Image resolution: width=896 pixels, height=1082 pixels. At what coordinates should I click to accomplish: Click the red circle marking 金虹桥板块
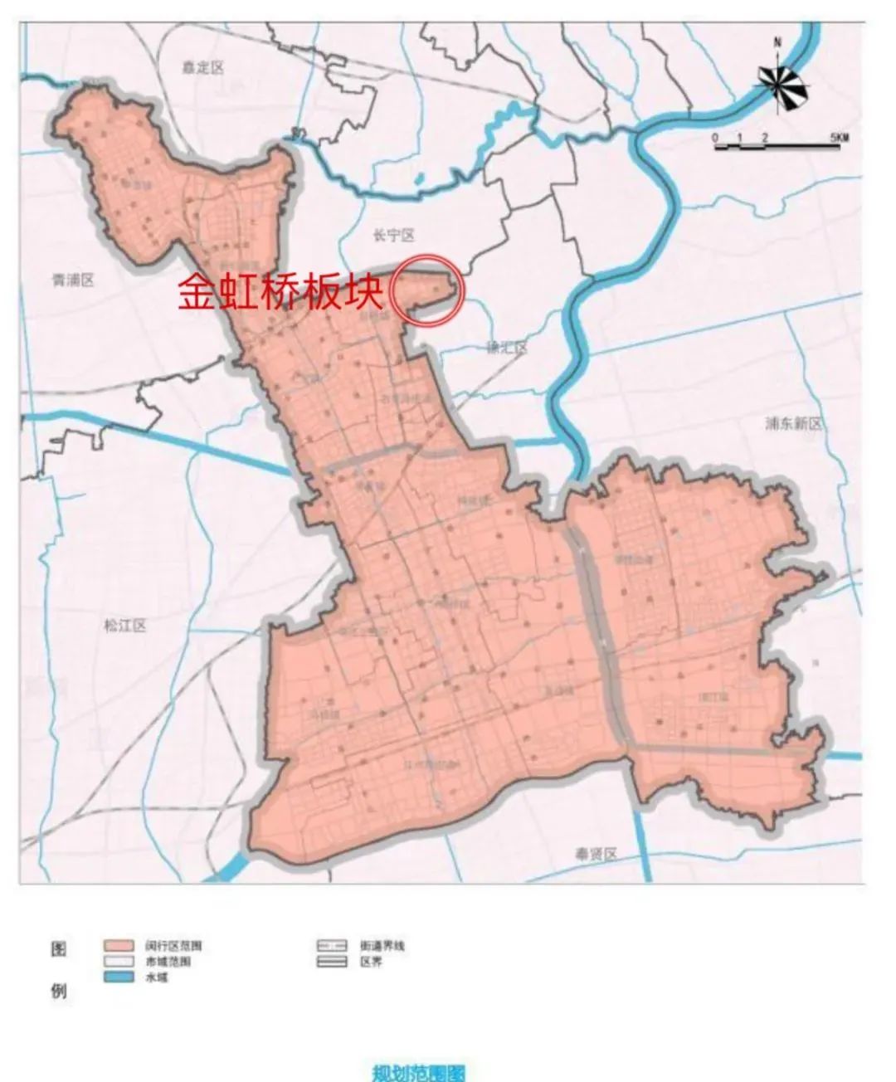427,290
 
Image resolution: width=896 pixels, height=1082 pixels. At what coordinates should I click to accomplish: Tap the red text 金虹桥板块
280,292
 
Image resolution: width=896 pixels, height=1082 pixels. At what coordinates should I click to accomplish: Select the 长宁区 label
392,236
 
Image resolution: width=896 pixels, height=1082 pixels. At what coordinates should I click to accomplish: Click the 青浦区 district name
72,280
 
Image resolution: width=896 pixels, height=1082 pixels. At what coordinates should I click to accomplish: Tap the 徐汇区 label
506,348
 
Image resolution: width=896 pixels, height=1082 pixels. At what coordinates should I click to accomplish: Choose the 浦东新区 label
794,423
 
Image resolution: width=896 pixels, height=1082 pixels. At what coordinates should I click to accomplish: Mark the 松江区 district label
125,626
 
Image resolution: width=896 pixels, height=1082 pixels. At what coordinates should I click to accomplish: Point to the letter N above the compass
777,41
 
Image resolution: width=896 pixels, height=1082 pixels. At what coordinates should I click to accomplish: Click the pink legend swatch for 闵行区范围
119,945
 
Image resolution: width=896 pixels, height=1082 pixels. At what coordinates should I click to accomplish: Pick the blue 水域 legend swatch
119,978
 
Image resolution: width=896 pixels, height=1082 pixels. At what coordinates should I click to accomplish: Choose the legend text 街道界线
382,945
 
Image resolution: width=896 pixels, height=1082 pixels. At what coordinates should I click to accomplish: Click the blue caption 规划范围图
418,1072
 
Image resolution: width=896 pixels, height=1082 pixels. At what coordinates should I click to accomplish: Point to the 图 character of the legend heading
60,948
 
